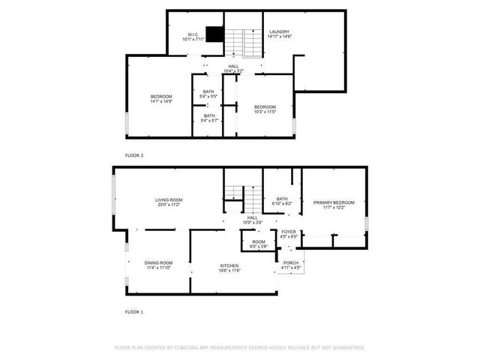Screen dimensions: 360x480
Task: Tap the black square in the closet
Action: coord(215,34)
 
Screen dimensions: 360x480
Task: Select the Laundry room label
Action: coord(280,34)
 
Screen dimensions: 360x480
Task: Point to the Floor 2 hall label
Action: coord(234,69)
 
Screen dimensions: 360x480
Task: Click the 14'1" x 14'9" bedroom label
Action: coord(161,99)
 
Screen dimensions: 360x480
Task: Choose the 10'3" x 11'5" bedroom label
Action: coord(265,109)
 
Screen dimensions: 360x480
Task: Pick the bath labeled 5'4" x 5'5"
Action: coord(208,94)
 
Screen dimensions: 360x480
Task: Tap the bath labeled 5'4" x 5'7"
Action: coord(208,118)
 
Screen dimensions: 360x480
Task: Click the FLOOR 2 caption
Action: coord(134,155)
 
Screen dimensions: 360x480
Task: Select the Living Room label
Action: coord(169,202)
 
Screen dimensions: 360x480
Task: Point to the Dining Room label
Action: coord(158,265)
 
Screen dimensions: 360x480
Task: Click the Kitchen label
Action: coord(229,268)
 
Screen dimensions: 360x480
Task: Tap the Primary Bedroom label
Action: coord(334,204)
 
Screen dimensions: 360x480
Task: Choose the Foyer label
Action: coord(289,234)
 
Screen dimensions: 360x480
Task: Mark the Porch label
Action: coord(291,265)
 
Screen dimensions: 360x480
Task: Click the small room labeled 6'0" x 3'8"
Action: coord(259,244)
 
